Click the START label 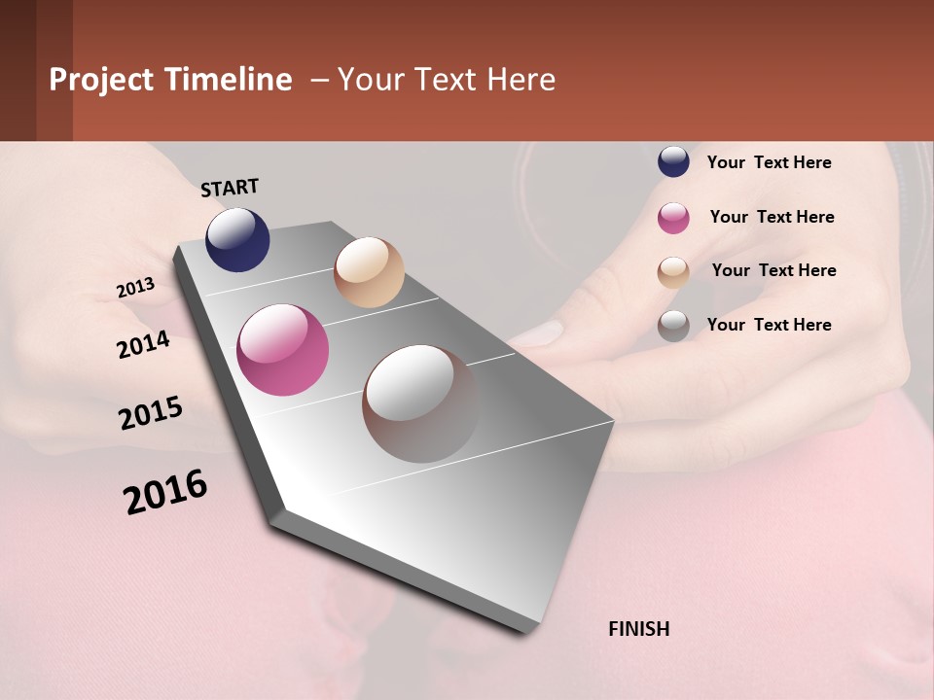point(230,188)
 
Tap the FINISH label point(639,629)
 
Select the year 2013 point(136,288)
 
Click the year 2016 point(165,491)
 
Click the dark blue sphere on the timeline point(237,239)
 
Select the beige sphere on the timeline point(369,272)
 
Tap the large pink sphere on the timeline point(283,350)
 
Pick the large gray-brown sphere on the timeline point(420,403)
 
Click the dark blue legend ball point(673,161)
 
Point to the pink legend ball point(673,218)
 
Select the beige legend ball point(673,272)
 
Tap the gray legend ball point(673,326)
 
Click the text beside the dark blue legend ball point(769,162)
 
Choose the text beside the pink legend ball point(772,217)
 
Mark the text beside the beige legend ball point(773,270)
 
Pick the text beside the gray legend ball point(769,325)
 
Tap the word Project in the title point(102,80)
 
